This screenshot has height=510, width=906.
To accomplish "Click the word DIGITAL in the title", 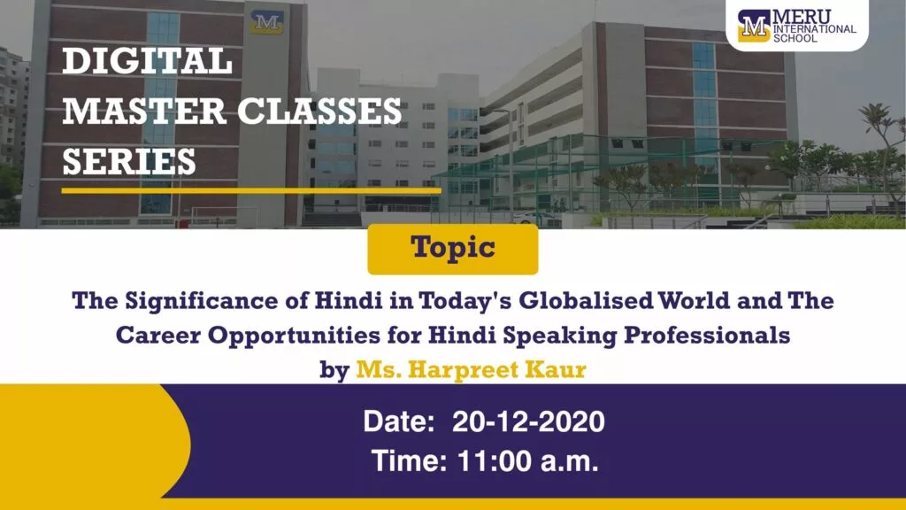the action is [148, 61].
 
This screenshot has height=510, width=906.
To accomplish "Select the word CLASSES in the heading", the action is [319, 111].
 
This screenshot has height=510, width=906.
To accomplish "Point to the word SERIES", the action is [129, 161].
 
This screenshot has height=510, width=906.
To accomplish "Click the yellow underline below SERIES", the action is [251, 190].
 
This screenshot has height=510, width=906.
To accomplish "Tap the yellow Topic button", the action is [453, 249].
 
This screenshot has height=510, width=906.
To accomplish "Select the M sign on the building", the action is [267, 22].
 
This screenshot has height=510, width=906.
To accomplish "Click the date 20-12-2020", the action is [528, 421].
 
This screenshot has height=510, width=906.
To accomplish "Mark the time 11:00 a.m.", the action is [528, 461].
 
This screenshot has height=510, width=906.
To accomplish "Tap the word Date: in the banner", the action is [399, 421].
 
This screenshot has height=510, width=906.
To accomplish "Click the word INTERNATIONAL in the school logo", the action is [815, 29].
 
